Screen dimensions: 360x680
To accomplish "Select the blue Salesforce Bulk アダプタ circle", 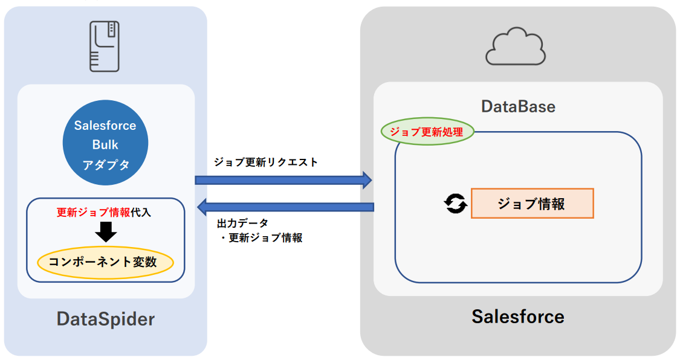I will (x=105, y=143).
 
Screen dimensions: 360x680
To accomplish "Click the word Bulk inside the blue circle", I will (x=105, y=145).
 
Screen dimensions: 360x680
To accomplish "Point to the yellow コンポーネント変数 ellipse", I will (x=105, y=262).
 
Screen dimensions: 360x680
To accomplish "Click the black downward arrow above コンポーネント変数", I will (x=105, y=232).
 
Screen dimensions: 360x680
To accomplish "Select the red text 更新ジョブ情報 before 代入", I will (x=93, y=213).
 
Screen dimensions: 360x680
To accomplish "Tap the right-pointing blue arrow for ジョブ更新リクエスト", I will (x=282, y=179).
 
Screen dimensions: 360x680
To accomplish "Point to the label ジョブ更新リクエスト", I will (x=265, y=162).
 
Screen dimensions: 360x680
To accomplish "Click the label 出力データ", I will (x=242, y=223).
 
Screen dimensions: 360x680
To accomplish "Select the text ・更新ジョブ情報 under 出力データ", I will (x=261, y=238).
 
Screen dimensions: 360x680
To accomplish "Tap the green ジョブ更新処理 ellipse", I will (x=427, y=131).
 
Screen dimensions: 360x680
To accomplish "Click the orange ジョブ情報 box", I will (x=532, y=204).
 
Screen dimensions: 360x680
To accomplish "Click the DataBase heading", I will (x=518, y=107).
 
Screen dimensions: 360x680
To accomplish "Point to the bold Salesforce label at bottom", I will (x=518, y=317).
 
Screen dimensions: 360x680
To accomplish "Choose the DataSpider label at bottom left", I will (x=106, y=318).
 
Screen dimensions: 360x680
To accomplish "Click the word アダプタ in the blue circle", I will (x=105, y=164).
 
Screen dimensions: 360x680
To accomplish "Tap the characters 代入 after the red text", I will (x=142, y=213).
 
